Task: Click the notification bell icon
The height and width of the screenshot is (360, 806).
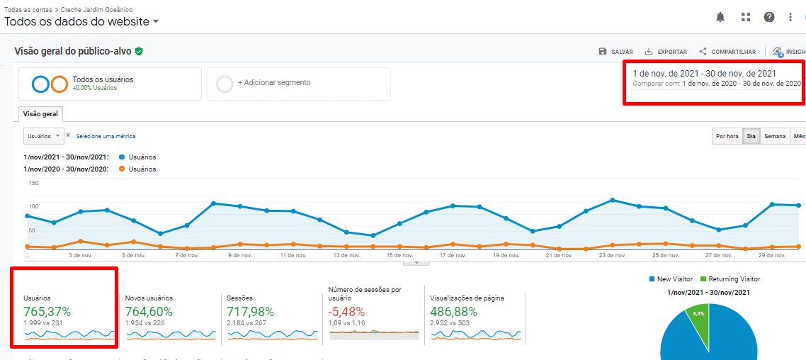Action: click(720, 17)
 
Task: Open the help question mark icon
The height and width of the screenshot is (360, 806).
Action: click(769, 17)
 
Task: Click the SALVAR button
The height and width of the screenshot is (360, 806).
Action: click(615, 52)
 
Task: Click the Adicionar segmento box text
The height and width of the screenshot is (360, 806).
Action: click(274, 83)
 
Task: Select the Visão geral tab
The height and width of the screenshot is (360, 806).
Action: click(40, 114)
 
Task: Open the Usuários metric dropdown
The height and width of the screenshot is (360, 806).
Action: click(43, 135)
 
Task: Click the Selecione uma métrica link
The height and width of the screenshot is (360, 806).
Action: click(106, 136)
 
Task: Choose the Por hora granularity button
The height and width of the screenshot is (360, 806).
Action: click(727, 136)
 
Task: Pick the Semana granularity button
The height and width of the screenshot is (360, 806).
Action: click(774, 136)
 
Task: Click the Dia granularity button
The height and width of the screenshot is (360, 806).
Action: click(751, 136)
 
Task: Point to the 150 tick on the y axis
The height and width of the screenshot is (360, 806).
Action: click(33, 184)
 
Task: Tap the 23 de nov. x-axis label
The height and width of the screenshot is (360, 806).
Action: click(612, 255)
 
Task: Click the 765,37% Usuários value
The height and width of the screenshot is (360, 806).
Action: click(47, 311)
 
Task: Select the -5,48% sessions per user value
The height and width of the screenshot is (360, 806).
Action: click(346, 311)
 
